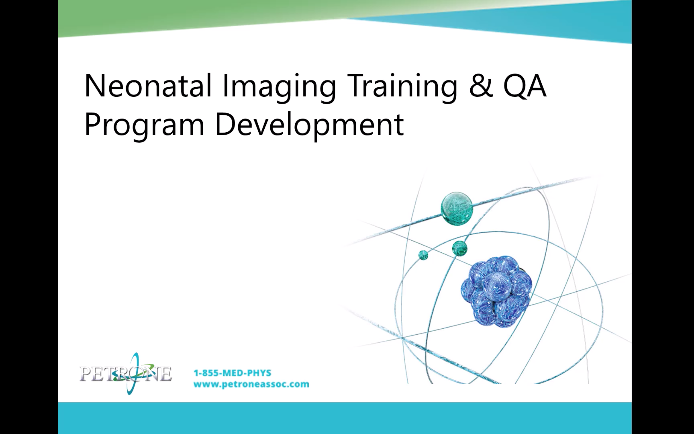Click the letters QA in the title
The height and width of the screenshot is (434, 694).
pos(524,86)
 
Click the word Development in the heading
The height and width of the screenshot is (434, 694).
pos(309,125)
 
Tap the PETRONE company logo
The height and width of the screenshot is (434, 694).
pos(126,374)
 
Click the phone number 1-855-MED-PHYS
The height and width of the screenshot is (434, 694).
pos(232,373)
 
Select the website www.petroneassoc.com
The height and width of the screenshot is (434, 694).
pos(251,384)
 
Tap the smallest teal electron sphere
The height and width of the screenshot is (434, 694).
pos(423,255)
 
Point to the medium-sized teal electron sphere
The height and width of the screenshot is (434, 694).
pos(460,248)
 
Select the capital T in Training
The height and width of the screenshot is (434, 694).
pos(356,86)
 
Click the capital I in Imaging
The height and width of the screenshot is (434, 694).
pos(225,86)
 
